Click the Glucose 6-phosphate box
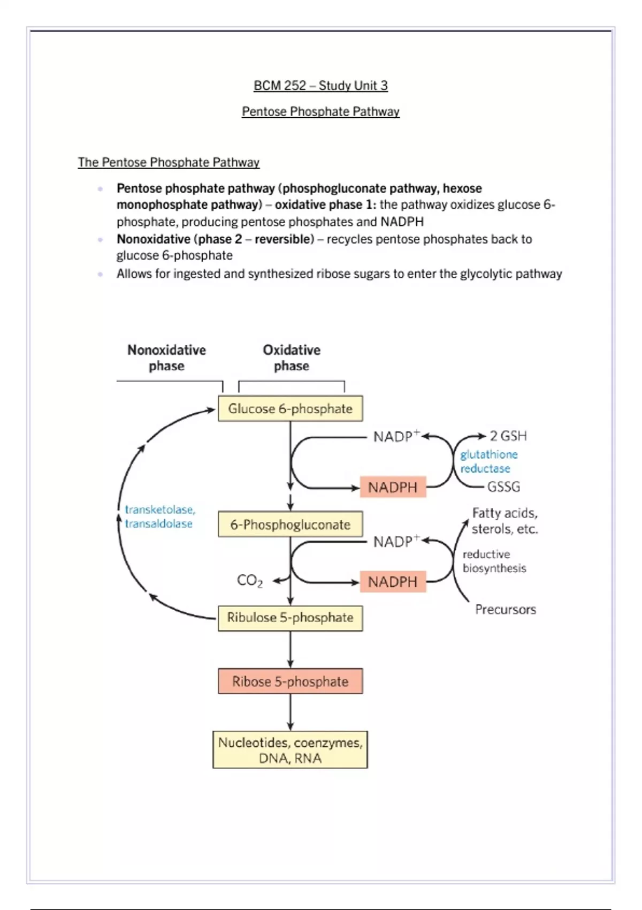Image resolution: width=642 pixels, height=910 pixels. tap(290, 408)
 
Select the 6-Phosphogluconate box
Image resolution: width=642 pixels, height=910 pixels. tap(290, 525)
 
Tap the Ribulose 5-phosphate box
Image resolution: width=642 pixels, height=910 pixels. tap(290, 618)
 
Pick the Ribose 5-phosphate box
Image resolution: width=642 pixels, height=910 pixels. tap(290, 681)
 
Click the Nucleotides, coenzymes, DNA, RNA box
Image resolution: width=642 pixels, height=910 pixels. tap(290, 750)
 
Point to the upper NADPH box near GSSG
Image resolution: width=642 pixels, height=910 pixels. tap(393, 487)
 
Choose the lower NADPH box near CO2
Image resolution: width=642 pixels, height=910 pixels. tap(393, 582)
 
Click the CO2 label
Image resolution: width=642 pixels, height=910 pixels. tap(250, 581)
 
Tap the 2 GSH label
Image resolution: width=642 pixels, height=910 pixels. tap(508, 436)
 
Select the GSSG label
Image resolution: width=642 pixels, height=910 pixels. tap(503, 487)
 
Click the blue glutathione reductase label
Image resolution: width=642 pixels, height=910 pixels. tap(488, 461)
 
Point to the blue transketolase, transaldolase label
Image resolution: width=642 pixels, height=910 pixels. tap(159, 517)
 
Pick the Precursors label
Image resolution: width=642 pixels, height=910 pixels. tap(506, 610)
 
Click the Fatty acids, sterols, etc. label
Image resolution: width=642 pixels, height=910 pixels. tap(505, 521)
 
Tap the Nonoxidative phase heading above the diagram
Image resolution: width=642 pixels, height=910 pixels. tap(166, 358)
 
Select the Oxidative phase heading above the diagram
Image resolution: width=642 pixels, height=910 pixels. tap(292, 358)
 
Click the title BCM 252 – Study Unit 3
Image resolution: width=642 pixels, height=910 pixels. tap(320, 86)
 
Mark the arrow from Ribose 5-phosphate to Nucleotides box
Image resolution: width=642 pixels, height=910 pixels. tap(290, 712)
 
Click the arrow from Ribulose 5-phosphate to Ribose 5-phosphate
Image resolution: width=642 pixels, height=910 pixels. tap(290, 649)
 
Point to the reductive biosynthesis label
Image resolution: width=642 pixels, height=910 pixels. tap(494, 561)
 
